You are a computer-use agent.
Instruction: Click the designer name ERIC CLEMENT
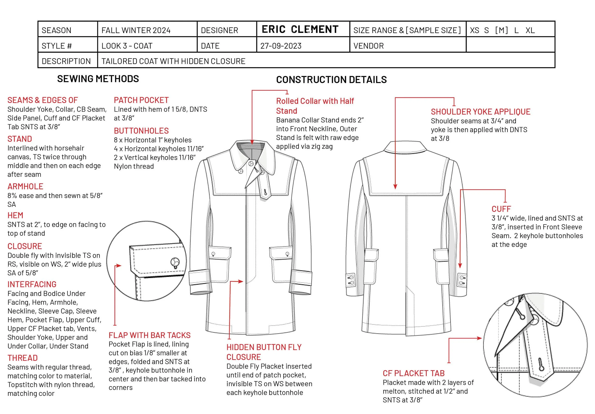click(x=300, y=29)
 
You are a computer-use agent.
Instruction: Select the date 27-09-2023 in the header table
click(x=281, y=46)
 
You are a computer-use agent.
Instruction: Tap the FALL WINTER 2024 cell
click(x=136, y=30)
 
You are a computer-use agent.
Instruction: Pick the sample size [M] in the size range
click(x=501, y=30)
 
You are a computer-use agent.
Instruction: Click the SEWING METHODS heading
click(x=98, y=79)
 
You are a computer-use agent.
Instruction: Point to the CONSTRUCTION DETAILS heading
click(x=331, y=80)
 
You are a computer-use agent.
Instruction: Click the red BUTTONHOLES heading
click(x=141, y=131)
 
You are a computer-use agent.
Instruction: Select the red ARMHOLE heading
click(x=25, y=186)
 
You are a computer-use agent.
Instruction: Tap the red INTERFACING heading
click(x=32, y=284)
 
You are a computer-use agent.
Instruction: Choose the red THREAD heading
click(x=23, y=358)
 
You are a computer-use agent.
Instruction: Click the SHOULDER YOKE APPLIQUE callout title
click(x=481, y=112)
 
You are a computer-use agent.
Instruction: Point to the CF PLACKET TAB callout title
click(x=414, y=373)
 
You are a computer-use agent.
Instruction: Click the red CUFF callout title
click(x=501, y=209)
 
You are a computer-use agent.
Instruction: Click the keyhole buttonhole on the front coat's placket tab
click(x=265, y=192)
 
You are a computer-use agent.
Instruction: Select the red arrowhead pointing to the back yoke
click(x=395, y=187)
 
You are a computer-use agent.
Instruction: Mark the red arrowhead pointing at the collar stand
click(x=252, y=142)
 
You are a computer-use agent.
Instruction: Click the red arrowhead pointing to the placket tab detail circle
click(x=479, y=338)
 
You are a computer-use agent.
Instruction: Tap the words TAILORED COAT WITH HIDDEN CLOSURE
click(x=173, y=61)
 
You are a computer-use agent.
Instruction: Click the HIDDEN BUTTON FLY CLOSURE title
click(x=264, y=352)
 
